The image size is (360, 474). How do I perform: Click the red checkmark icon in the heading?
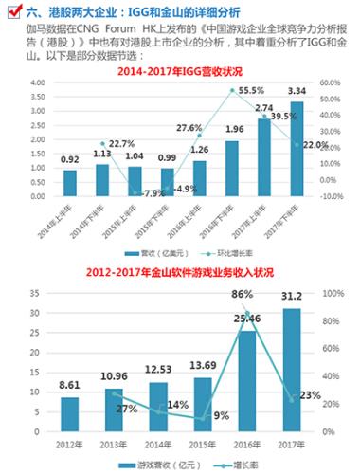pos(11,11)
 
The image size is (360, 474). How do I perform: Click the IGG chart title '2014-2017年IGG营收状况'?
pos(180,72)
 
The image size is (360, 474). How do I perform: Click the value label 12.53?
pos(157,371)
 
